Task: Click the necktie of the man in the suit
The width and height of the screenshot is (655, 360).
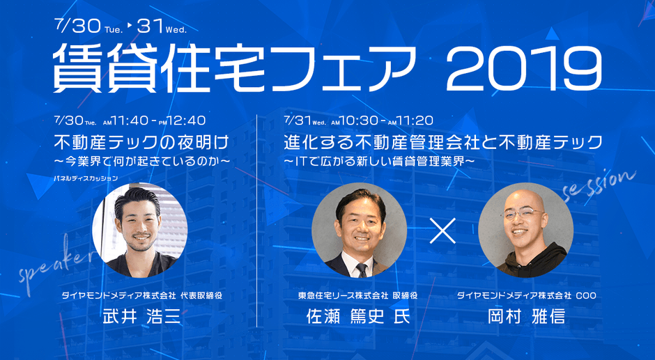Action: pyautogui.click(x=360, y=267)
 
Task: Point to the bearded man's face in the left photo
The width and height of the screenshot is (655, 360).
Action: pyautogui.click(x=139, y=222)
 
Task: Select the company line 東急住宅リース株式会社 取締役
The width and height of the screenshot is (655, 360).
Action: pyautogui.click(x=357, y=295)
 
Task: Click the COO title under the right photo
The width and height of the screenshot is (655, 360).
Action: pyautogui.click(x=585, y=295)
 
